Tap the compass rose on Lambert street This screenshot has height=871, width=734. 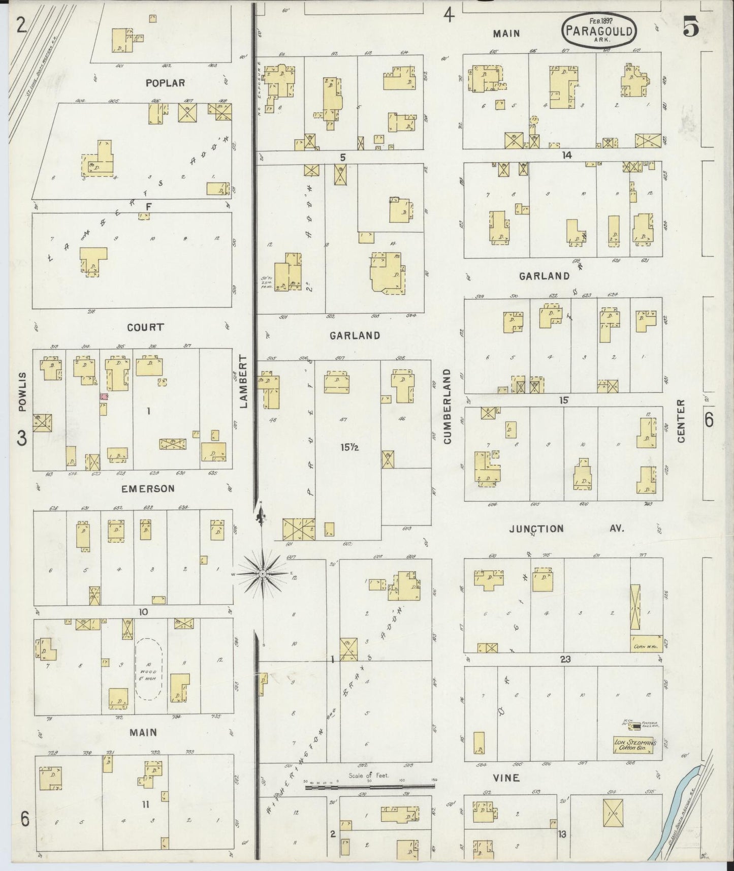tap(263, 574)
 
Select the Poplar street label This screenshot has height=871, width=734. tap(165, 83)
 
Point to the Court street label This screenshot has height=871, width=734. tap(146, 327)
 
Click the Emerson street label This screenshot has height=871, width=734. tap(148, 488)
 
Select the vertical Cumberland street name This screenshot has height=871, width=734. tap(448, 407)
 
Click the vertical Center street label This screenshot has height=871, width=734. tap(681, 421)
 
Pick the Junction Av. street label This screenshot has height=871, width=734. tap(565, 528)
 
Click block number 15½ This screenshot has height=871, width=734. tap(350, 448)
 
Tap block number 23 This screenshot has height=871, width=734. tap(565, 659)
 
